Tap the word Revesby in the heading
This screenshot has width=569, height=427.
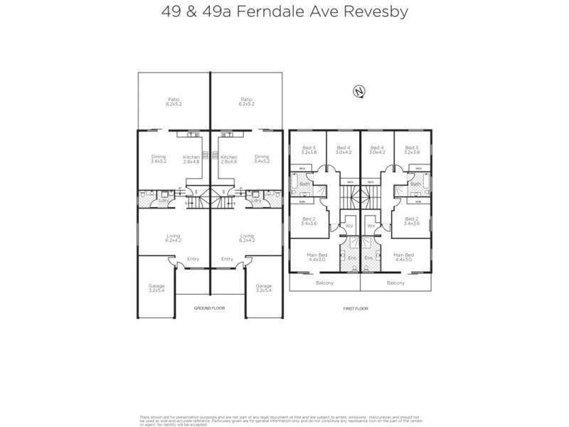(372, 12)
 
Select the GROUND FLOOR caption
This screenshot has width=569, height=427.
(209, 308)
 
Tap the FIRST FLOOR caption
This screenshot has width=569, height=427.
(356, 308)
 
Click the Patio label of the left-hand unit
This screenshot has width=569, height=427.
(174, 100)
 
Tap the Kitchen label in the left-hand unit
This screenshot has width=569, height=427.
(191, 157)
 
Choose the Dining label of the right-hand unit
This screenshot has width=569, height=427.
(262, 157)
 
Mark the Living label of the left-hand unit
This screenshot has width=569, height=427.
(174, 236)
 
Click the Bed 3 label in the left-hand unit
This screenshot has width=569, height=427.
(308, 147)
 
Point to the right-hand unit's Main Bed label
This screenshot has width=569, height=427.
(403, 255)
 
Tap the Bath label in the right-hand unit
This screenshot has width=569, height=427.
(415, 184)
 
